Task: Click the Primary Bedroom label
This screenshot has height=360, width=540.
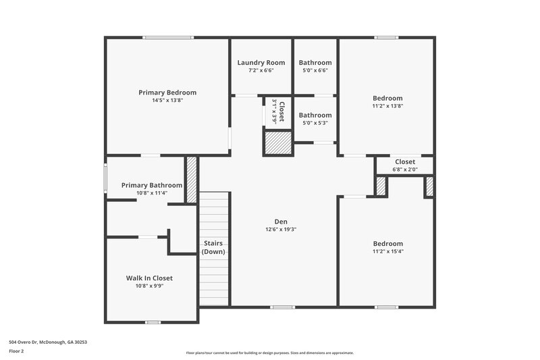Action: [x=167, y=93]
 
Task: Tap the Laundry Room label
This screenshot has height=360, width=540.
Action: [x=261, y=63]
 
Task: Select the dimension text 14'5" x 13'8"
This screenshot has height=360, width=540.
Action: [x=167, y=101]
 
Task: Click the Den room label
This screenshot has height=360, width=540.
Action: [x=281, y=222]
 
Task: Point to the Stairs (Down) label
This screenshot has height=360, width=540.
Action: [x=213, y=247]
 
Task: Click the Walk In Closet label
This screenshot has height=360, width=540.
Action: [x=149, y=278]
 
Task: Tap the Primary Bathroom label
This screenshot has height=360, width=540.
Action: [x=151, y=185]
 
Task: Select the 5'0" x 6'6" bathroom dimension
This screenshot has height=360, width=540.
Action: [x=315, y=70]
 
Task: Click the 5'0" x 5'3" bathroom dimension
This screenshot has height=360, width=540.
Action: [x=315, y=123]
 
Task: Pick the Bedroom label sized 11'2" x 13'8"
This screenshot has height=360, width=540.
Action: [x=387, y=98]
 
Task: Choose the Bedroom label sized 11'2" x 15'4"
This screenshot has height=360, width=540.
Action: [x=387, y=243]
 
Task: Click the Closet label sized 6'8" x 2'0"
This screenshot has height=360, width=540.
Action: [x=405, y=162]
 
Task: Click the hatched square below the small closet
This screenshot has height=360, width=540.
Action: [x=277, y=144]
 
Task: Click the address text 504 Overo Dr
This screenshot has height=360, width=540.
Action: [x=48, y=342]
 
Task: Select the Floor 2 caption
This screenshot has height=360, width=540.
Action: [x=17, y=352]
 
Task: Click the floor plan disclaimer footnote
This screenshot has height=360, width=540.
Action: [x=269, y=353]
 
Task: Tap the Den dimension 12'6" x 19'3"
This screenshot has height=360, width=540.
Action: [x=281, y=230]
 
